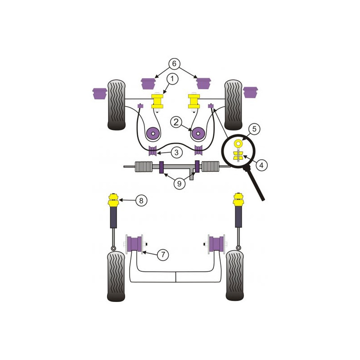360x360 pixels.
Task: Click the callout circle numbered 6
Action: pyautogui.click(x=174, y=63)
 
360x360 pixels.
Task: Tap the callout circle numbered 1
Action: pyautogui.click(x=172, y=79)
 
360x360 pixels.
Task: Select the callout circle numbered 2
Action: pyautogui.click(x=176, y=122)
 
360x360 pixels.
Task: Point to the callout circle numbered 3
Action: pyautogui.click(x=176, y=153)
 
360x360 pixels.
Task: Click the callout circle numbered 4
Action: pyautogui.click(x=261, y=165)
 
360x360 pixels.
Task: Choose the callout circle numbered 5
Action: pyautogui.click(x=254, y=129)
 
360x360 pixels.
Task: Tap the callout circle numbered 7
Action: pyautogui.click(x=163, y=255)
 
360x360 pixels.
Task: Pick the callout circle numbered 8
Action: pyautogui.click(x=141, y=201)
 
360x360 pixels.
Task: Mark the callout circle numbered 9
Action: pyautogui.click(x=179, y=184)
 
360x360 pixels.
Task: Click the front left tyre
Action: pyautogui.click(x=117, y=105)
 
